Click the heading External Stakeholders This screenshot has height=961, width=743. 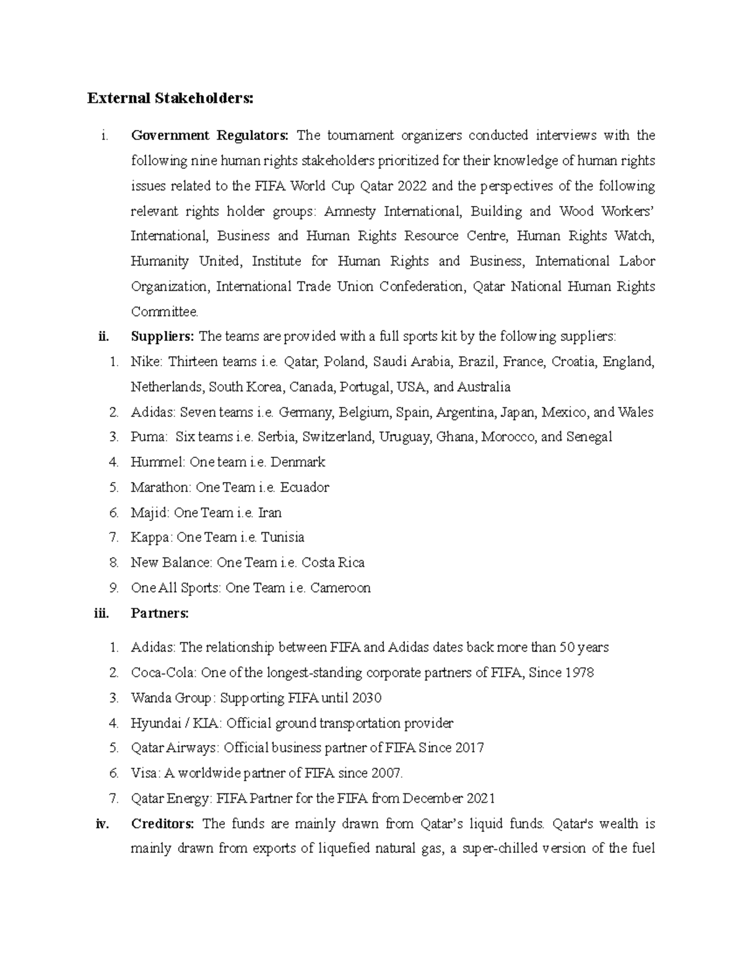(170, 99)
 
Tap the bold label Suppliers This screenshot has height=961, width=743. (162, 337)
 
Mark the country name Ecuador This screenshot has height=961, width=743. (305, 488)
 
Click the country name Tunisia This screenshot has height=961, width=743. (282, 538)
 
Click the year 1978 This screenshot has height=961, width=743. (580, 673)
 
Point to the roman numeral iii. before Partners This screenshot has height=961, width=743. (101, 613)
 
